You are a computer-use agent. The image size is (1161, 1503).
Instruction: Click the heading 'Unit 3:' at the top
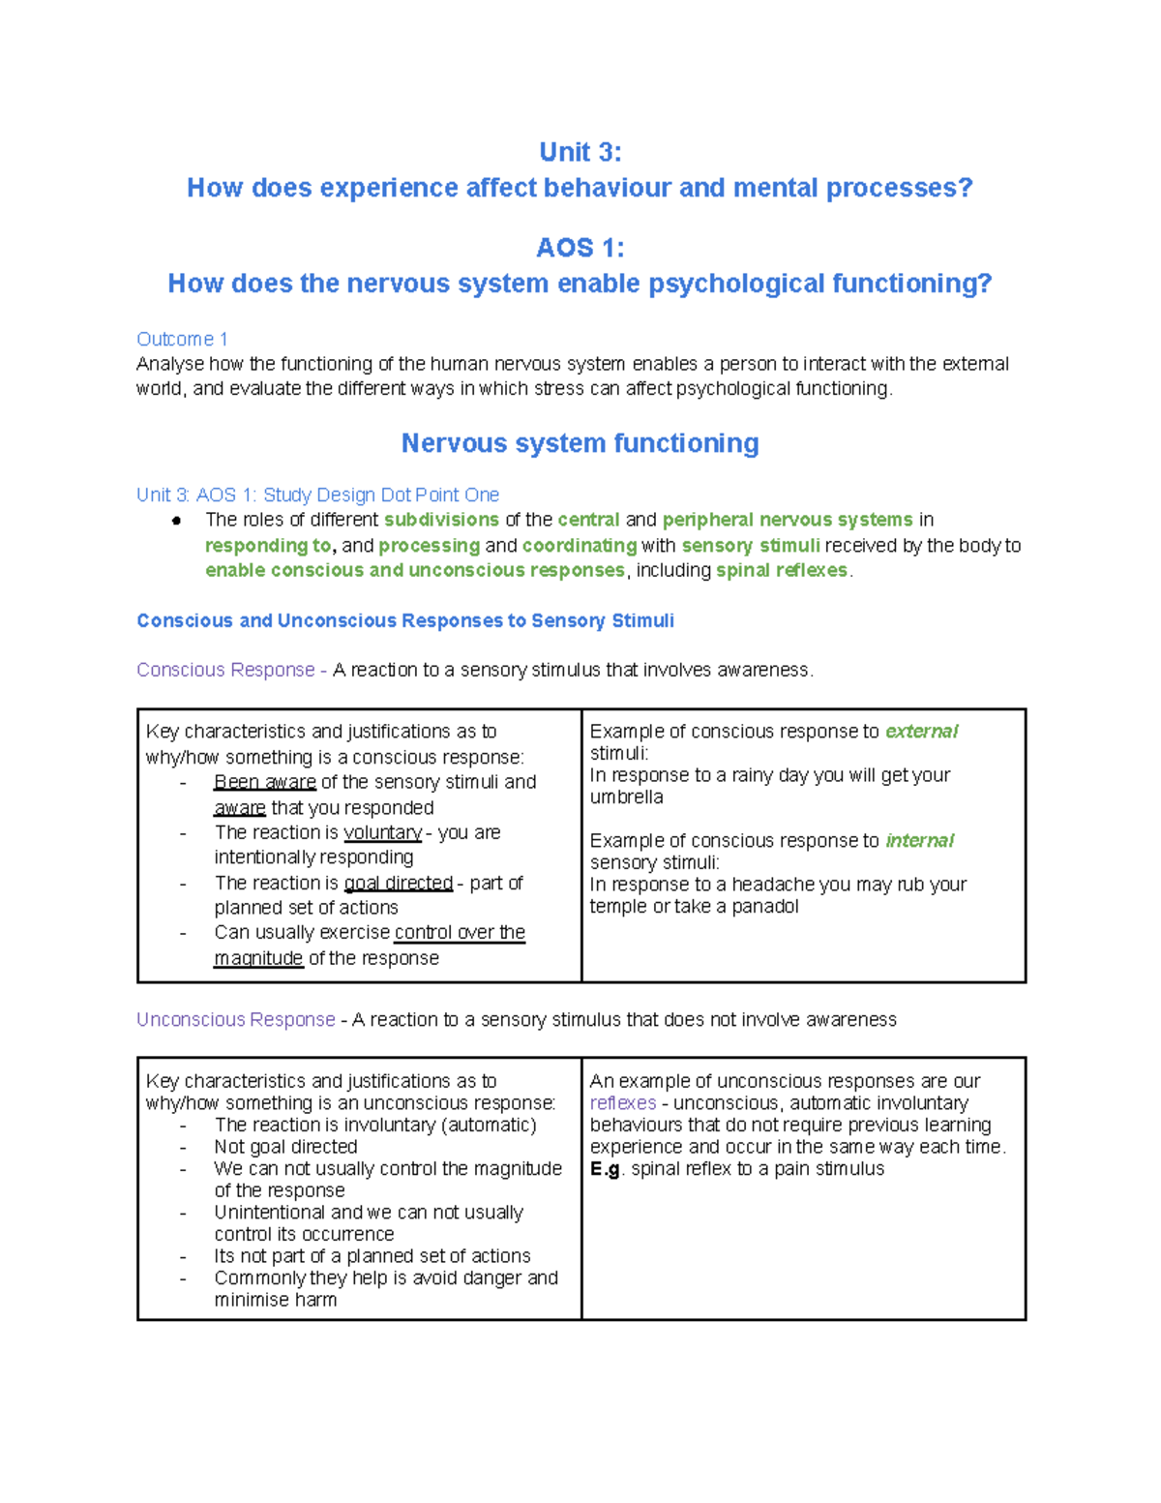[x=580, y=152]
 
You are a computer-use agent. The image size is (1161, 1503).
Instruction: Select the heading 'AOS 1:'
[x=580, y=248]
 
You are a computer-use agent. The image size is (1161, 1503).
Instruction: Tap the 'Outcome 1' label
[x=182, y=339]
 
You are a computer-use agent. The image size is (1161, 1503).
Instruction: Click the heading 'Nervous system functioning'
[x=580, y=443]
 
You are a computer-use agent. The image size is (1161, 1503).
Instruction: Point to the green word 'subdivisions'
[x=441, y=520]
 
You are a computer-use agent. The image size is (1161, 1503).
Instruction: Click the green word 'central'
[x=588, y=520]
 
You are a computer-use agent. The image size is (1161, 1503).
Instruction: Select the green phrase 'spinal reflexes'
[x=782, y=570]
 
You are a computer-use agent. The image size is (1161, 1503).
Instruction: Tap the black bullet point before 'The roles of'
[x=176, y=521]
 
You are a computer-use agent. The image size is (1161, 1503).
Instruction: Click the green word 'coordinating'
[x=579, y=545]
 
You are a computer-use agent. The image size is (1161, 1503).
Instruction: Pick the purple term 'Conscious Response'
[x=225, y=670]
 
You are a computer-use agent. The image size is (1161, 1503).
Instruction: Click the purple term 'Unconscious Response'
[x=235, y=1019]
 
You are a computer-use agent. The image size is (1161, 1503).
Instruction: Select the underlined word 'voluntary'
[x=382, y=832]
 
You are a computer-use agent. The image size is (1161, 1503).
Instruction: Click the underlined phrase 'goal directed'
[x=399, y=883]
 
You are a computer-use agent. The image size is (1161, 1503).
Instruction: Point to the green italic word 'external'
[x=921, y=732]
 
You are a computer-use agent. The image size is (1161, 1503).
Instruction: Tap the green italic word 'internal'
[x=919, y=840]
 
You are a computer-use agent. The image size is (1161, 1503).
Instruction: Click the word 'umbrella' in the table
[x=626, y=797]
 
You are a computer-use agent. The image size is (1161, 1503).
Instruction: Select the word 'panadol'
[x=764, y=906]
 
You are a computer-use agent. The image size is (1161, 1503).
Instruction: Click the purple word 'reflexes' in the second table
[x=622, y=1103]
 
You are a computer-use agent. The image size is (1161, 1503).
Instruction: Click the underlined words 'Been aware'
[x=265, y=782]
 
